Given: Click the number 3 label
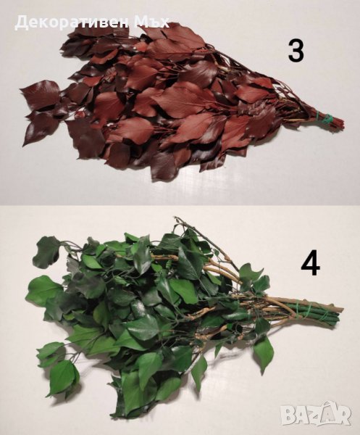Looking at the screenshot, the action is click(296, 50).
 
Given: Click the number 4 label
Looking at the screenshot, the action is click(311, 264).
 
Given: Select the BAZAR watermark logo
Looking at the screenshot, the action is click(315, 414).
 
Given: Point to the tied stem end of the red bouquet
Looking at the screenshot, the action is click(339, 123).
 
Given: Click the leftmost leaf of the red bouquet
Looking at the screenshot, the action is click(39, 94).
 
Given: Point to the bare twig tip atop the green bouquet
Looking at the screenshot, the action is click(175, 217).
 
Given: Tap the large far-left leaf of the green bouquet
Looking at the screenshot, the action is click(44, 289).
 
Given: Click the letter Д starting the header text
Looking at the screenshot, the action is click(20, 22).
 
